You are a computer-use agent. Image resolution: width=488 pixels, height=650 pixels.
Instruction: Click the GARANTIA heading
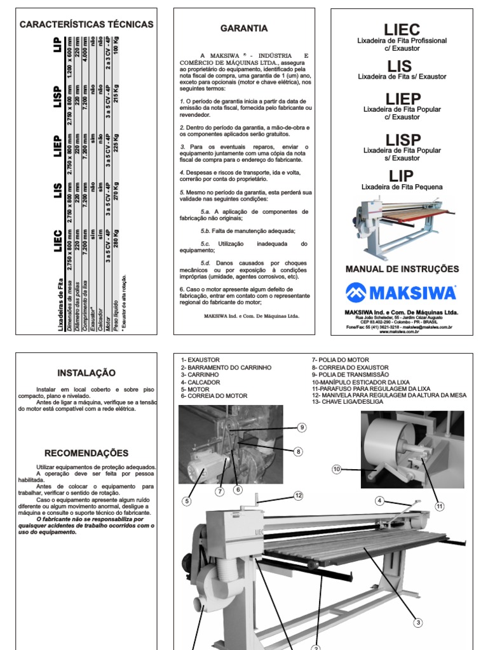tap(244, 29)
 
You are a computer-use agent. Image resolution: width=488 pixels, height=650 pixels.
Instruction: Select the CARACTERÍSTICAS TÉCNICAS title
tap(87, 25)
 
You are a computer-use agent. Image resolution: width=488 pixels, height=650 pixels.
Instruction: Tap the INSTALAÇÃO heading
tap(87, 373)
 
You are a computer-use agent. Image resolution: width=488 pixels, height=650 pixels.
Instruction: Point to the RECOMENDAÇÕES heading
tap(87, 453)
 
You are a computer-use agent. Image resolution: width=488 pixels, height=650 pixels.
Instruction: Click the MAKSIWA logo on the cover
tap(401, 293)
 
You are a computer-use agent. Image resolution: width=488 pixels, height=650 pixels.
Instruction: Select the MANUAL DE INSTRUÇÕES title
tap(402, 269)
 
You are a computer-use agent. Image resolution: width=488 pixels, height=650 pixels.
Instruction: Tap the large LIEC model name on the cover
tap(402, 29)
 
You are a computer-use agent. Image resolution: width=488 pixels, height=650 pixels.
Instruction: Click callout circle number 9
tap(302, 428)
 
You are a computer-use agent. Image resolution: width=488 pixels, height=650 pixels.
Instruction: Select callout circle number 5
tap(187, 501)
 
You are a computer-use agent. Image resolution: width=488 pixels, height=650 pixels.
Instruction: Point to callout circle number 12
tap(298, 496)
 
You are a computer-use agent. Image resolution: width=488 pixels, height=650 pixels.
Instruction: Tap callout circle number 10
tap(336, 469)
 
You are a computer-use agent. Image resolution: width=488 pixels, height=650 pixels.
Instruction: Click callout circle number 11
tap(439, 506)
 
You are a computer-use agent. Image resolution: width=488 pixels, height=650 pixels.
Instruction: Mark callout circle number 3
tap(418, 623)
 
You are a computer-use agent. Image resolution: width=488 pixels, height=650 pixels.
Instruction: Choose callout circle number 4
tap(379, 501)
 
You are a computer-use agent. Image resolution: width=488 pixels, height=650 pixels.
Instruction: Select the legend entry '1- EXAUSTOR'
tap(200, 360)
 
